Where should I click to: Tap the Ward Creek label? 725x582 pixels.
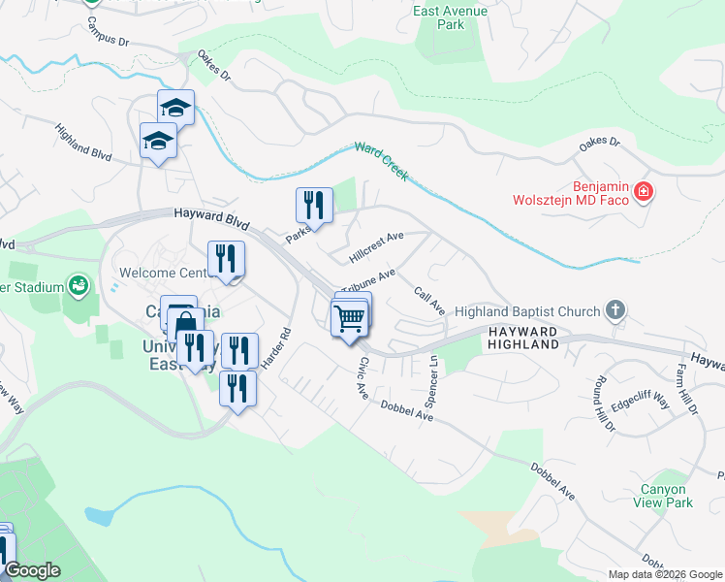coord(381,161)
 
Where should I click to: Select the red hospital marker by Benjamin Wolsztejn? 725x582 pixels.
coord(643,193)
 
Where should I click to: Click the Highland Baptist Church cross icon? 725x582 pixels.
coord(613,310)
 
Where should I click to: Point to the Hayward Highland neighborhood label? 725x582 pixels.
coord(523,338)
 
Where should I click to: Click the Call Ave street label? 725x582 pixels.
coord(428,301)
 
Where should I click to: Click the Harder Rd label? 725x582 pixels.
coord(275,346)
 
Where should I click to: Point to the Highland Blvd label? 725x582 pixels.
coord(84,142)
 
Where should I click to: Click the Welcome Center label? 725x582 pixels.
coord(159,273)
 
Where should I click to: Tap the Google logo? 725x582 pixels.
coord(31,570)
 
